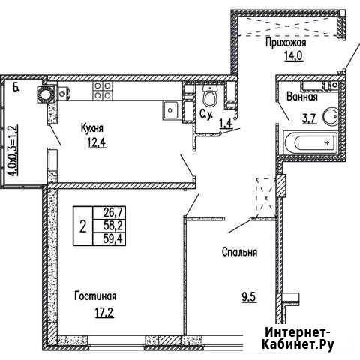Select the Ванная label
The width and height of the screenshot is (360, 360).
pyautogui.click(x=301, y=97)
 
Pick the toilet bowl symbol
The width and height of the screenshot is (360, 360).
pyautogui.click(x=209, y=97)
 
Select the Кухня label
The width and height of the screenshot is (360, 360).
pyautogui.click(x=92, y=128)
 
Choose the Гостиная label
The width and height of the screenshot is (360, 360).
pyautogui.click(x=94, y=295)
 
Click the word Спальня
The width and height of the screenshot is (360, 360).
pyautogui.click(x=239, y=253)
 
